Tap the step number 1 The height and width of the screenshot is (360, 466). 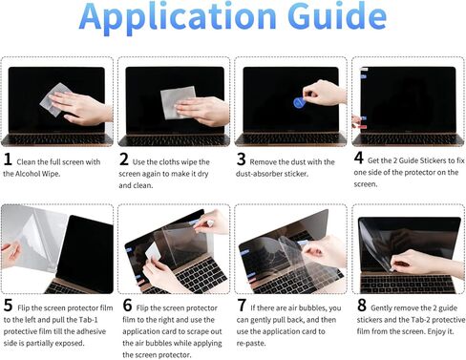click(x=9, y=159)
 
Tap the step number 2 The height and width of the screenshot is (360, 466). click(x=124, y=159)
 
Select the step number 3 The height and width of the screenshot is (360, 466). click(x=242, y=159)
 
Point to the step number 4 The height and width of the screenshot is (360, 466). click(x=358, y=157)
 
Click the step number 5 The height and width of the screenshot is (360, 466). click(x=9, y=307)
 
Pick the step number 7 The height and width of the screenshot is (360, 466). click(x=242, y=307)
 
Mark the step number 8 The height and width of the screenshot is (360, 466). click(x=361, y=307)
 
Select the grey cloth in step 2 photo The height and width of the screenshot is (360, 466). click(x=178, y=101)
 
